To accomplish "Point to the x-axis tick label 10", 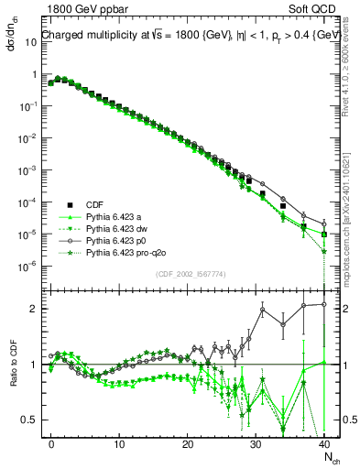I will click(119, 444).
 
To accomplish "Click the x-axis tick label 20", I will click(188, 444).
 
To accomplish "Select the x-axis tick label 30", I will click(256, 444).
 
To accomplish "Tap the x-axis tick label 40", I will click(324, 444).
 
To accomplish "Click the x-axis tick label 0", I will click(51, 444).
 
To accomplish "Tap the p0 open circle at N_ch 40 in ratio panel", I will click(324, 304).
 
